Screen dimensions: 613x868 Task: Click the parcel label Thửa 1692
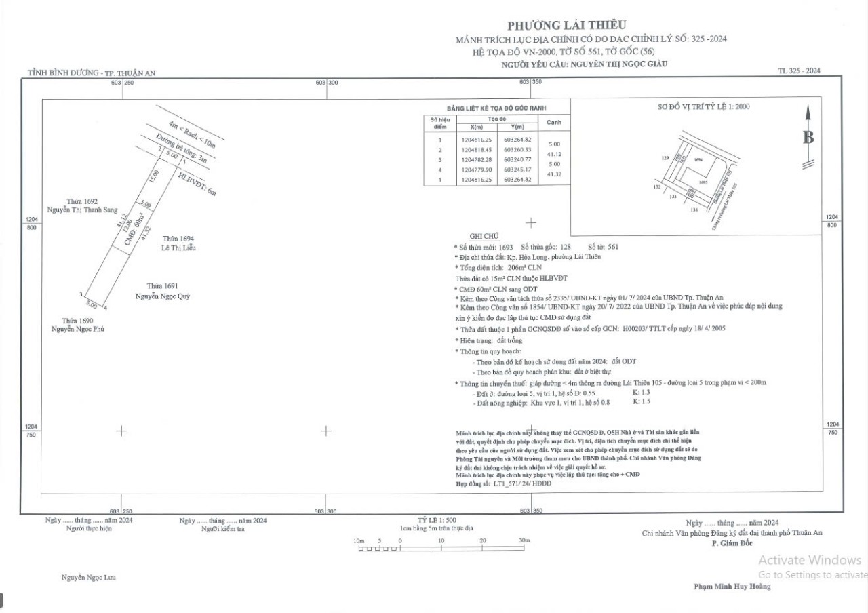point(81,201)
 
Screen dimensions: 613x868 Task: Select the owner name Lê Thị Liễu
point(178,248)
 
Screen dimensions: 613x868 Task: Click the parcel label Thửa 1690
point(77,320)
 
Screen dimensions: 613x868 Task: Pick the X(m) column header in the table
point(471,127)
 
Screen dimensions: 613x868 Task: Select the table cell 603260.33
point(519,149)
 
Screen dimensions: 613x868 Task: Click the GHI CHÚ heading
point(484,236)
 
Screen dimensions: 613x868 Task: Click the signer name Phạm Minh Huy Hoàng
point(732,587)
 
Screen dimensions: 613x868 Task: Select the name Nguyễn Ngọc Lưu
point(89,578)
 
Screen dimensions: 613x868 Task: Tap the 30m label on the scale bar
point(524,540)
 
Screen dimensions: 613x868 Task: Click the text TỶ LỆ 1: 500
point(436,520)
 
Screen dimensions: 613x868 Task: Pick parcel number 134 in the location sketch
point(694,210)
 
